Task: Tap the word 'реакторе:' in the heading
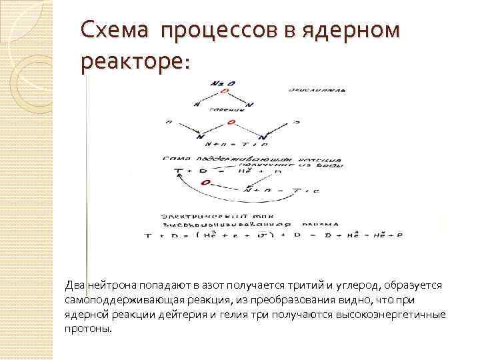pyautogui.click(x=135, y=61)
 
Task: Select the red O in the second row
pyautogui.click(x=231, y=123)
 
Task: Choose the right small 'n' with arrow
pyautogui.click(x=294, y=123)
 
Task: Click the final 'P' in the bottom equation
pyautogui.click(x=400, y=235)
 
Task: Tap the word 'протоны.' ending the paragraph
pyautogui.click(x=89, y=329)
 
